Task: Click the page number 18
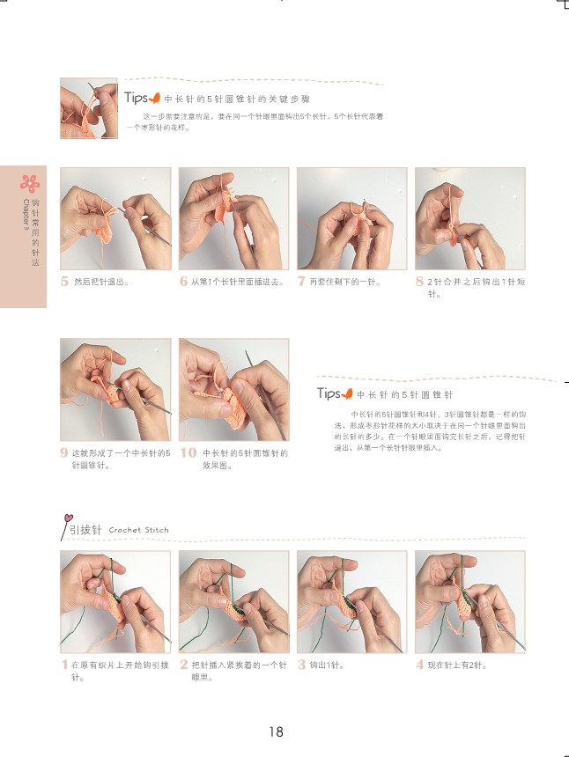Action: tap(276, 731)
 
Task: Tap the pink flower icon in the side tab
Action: tap(31, 183)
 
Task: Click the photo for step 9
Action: tap(115, 390)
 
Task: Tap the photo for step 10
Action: tap(233, 390)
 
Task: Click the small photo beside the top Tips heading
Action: tap(89, 108)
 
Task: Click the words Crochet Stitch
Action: tap(138, 530)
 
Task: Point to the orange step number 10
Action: tap(188, 453)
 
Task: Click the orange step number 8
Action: tap(419, 282)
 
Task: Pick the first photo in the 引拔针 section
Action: tap(115, 602)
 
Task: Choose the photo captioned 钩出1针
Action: tap(351, 602)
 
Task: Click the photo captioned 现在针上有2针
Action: tap(469, 602)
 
